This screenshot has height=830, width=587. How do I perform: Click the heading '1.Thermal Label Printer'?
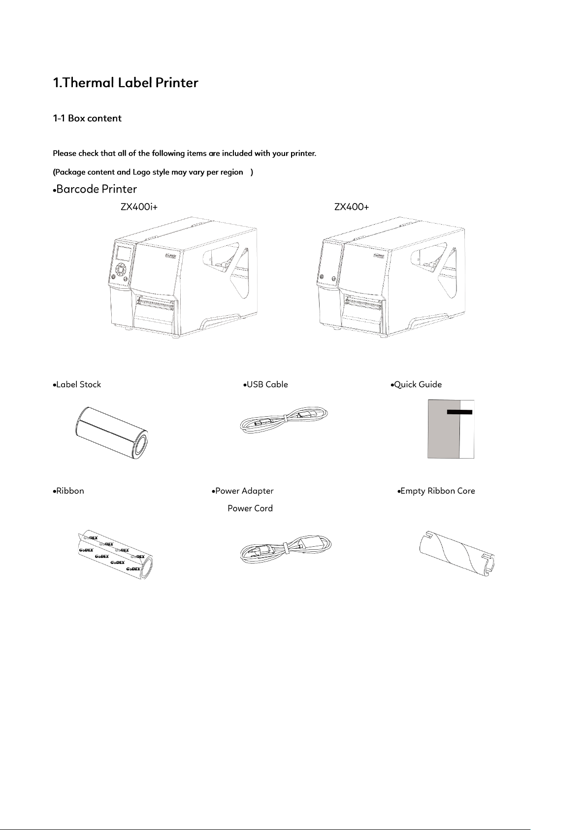pyautogui.click(x=126, y=83)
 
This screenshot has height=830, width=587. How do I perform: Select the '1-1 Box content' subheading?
pyautogui.click(x=87, y=118)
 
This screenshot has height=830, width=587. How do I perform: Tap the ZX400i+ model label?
pyautogui.click(x=139, y=207)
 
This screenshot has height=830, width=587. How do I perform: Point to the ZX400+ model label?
pyautogui.click(x=352, y=207)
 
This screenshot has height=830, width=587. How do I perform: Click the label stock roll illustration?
pyautogui.click(x=111, y=432)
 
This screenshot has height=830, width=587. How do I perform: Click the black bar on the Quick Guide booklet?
pyautogui.click(x=459, y=412)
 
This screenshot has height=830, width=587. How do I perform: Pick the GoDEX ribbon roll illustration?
pyautogui.click(x=116, y=554)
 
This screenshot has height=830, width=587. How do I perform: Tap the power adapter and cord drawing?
pyautogui.click(x=286, y=549)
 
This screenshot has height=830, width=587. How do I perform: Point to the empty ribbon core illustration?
pyautogui.click(x=457, y=554)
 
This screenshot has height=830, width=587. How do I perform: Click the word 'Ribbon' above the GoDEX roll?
pyautogui.click(x=70, y=491)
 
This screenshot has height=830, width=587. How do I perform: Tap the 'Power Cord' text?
pyautogui.click(x=250, y=508)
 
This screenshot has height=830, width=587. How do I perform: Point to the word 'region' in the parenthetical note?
pyautogui.click(x=231, y=172)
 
